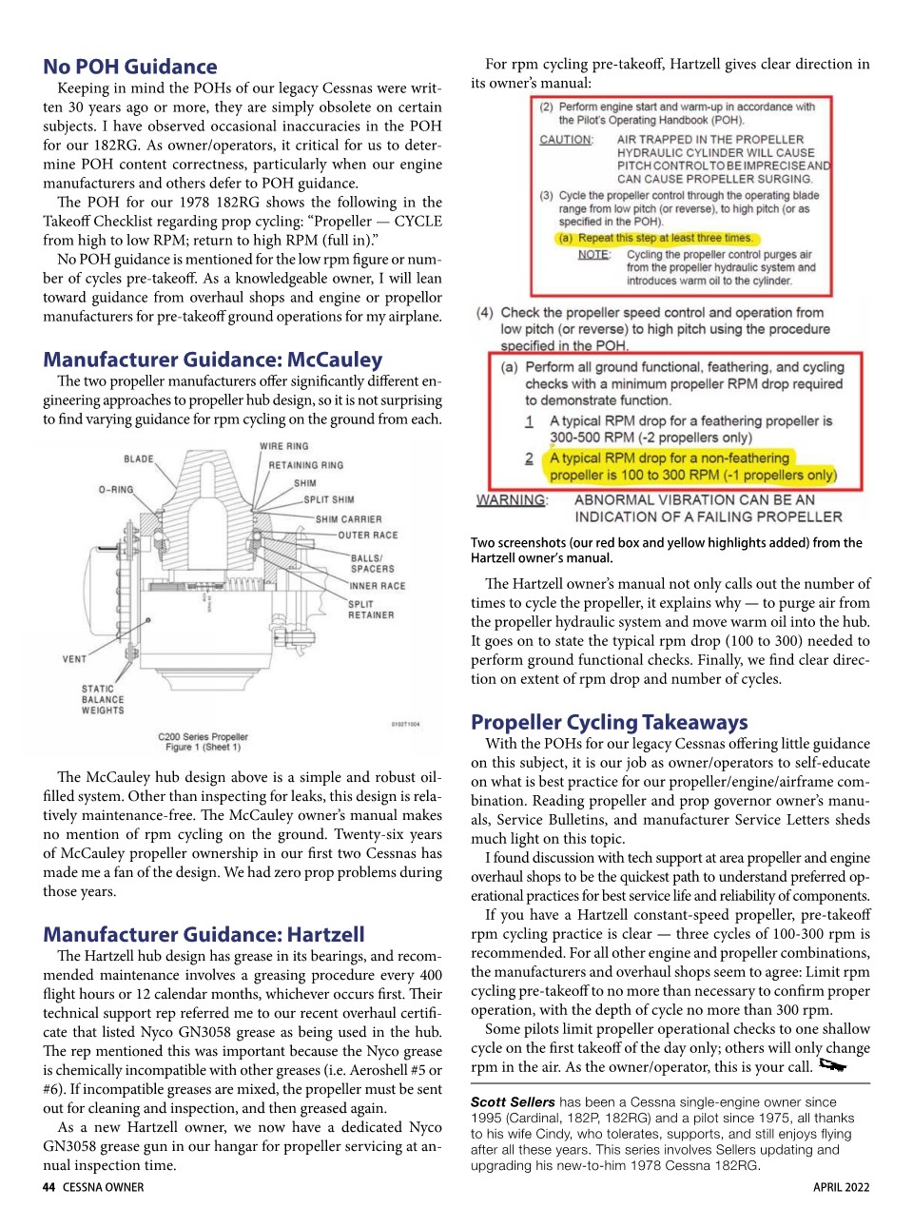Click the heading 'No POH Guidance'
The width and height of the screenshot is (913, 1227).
(x=130, y=67)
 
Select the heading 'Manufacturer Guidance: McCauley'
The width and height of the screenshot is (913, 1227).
(x=213, y=360)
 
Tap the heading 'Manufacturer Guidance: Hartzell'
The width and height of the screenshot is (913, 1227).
(x=204, y=934)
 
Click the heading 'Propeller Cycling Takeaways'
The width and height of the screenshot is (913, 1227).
(x=609, y=722)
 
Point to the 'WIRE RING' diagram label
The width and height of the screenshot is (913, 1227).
(x=283, y=446)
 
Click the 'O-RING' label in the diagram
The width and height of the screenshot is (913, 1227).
(x=116, y=490)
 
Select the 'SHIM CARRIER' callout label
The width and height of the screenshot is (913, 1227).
(x=348, y=519)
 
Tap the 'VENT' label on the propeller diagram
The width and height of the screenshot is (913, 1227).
(x=74, y=658)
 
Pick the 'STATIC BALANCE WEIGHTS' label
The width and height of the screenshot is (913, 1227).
(x=103, y=699)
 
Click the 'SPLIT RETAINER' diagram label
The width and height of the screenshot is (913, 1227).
(x=370, y=610)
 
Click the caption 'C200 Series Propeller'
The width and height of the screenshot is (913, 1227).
(x=203, y=736)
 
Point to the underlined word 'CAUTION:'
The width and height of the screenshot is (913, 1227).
(x=566, y=140)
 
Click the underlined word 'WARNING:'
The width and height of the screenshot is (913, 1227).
(x=512, y=500)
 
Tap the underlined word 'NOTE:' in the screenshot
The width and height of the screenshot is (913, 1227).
(x=594, y=255)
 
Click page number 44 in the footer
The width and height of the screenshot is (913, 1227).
(x=49, y=1187)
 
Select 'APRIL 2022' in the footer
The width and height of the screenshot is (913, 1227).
(x=841, y=1187)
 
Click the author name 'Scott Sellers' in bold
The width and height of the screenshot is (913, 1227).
(x=513, y=1102)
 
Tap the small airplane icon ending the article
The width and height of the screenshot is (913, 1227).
(x=832, y=1065)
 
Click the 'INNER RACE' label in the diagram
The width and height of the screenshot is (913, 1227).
(x=377, y=586)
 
